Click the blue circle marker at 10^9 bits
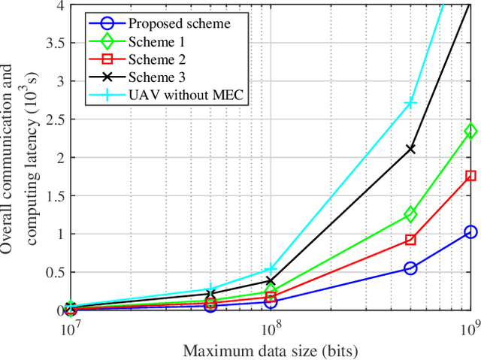coord(470,232)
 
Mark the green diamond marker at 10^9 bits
coord(470,131)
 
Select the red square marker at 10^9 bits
coord(470,175)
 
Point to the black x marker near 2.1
coord(410,149)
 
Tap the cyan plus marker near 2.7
coord(410,103)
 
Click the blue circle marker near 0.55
coord(410,268)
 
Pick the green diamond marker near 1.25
coord(410,214)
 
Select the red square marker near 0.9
coord(410,240)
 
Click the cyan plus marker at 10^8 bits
coord(271,269)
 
